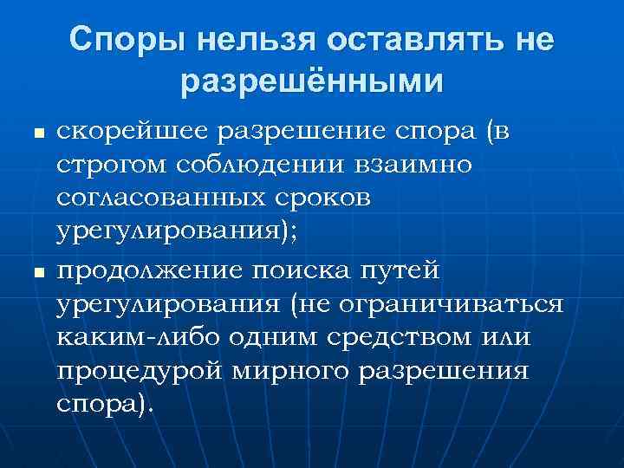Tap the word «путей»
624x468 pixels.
point(406,270)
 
